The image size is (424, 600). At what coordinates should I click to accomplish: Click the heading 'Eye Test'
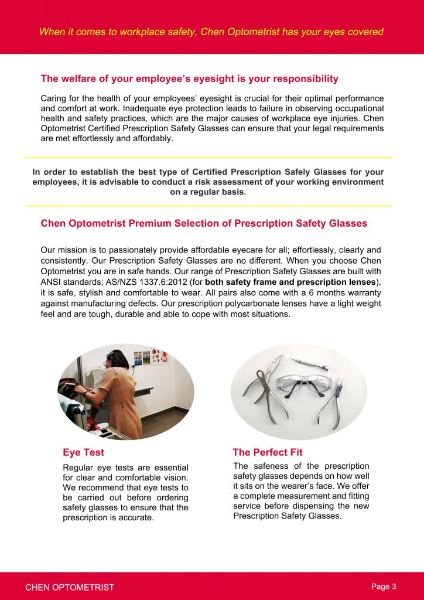pyautogui.click(x=83, y=452)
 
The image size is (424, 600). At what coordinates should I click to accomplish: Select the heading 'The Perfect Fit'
pyautogui.click(x=268, y=452)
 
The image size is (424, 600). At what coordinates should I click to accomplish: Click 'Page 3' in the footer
pyautogui.click(x=384, y=587)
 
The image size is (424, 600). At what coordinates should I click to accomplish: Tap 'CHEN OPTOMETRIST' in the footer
pyautogui.click(x=70, y=587)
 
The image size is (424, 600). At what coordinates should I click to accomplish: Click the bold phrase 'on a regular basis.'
pyautogui.click(x=208, y=192)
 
